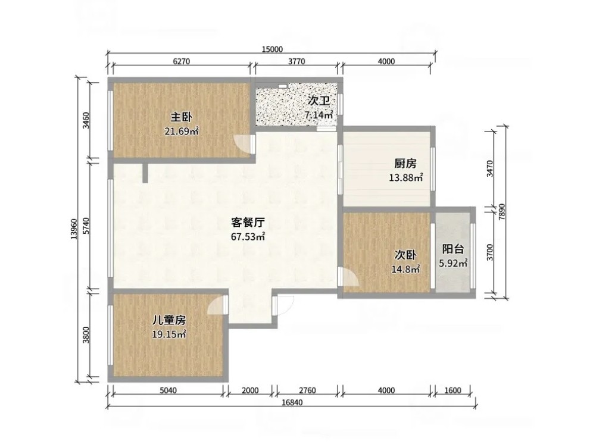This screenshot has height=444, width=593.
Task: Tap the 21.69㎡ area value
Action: [182, 131]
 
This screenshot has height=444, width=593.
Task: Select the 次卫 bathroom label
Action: [319, 101]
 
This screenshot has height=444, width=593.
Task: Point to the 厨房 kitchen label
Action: [405, 164]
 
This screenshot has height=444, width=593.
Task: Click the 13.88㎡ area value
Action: [406, 177]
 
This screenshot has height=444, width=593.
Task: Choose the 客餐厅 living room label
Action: [248, 223]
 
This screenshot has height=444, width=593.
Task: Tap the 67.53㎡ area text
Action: [248, 237]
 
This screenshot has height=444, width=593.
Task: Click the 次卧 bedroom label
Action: [405, 255]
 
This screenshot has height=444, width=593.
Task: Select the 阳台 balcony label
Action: [453, 249]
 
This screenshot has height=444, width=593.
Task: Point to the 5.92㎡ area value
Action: [453, 263]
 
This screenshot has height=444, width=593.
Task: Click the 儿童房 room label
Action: [168, 320]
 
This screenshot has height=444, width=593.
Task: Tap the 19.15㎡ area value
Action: [168, 334]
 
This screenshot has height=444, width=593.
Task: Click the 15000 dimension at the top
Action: [272, 49]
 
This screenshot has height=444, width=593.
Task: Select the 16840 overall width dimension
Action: [292, 402]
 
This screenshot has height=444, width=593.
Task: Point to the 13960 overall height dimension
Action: [74, 229]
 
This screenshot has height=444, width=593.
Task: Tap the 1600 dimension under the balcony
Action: [452, 390]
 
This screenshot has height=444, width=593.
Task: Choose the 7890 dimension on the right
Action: [502, 212]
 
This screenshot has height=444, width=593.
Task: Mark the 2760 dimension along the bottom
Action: [307, 390]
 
